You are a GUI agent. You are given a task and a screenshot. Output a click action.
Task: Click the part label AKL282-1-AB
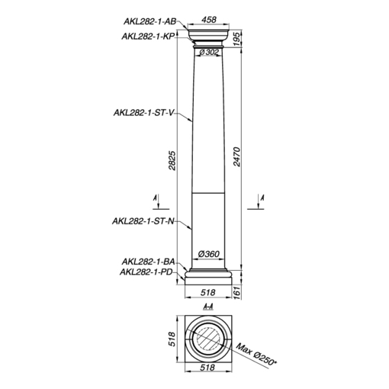coord(149,21)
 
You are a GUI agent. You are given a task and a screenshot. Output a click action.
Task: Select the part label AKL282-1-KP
coord(148,37)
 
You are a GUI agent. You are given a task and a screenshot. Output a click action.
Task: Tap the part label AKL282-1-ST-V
coord(143,112)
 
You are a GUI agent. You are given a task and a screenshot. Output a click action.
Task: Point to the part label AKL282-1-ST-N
coord(143,221)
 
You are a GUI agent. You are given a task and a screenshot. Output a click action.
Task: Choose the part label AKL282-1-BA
coord(148,262)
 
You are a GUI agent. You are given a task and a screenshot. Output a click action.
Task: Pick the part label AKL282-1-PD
coord(146,272)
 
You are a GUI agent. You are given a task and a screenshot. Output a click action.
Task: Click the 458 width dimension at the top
coord(209,20)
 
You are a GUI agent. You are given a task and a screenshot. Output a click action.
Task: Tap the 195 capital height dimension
coord(236,39)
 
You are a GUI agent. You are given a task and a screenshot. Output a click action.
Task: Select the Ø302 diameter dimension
coord(209,52)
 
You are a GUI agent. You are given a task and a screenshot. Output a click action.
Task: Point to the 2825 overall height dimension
coord(172,161)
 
